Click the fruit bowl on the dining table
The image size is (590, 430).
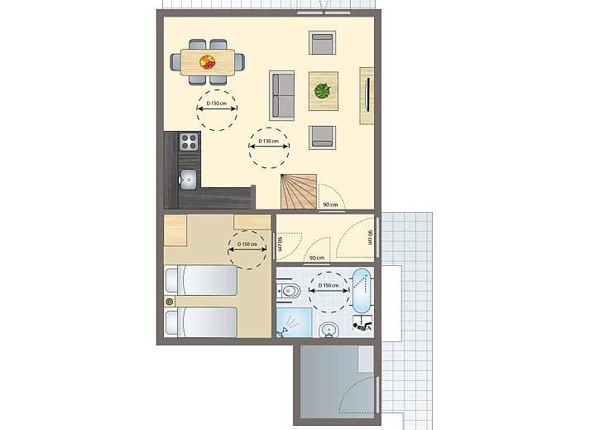point(208,62)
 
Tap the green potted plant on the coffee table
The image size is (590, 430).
point(323,91)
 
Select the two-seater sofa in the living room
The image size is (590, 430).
point(282,95)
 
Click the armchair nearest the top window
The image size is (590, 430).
point(323,42)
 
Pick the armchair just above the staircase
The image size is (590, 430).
point(323,138)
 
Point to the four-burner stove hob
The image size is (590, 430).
point(189,142)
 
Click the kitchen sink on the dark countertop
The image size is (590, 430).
point(188,179)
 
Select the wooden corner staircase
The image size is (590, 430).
point(299,191)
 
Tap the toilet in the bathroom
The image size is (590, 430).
point(289,291)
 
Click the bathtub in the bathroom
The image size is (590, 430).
point(362,291)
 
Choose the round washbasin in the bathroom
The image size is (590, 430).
point(329,330)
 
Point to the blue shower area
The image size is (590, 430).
point(294,322)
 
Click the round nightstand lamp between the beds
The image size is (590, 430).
point(170,301)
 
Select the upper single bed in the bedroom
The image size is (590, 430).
point(201,280)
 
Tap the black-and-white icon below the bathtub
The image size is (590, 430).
point(362,323)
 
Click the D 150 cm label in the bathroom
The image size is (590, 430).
point(329,285)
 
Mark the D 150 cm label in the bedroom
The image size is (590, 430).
point(247,244)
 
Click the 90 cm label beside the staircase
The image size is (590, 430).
point(330,205)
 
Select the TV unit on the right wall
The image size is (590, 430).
point(367,96)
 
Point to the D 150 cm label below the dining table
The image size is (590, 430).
point(217,104)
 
